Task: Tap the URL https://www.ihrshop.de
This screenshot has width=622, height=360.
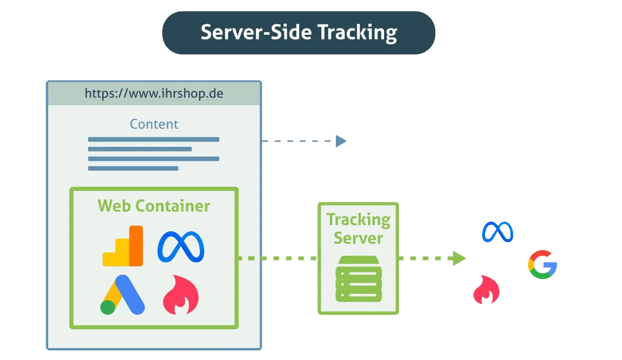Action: (154, 94)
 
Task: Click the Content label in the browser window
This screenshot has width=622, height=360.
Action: (154, 124)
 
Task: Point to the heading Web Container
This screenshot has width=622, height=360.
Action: (154, 206)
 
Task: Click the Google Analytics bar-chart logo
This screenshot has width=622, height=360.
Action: (123, 246)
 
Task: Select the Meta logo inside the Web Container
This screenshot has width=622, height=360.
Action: (181, 246)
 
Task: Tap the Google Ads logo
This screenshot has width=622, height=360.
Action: (123, 294)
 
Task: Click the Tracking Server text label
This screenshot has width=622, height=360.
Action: (358, 229)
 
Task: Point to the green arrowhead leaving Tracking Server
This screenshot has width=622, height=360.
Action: (459, 258)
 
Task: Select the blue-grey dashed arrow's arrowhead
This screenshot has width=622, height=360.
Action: (341, 141)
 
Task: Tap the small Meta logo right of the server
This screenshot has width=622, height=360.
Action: (497, 232)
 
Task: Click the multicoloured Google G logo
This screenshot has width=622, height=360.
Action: (543, 265)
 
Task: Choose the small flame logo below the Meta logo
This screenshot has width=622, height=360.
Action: (486, 289)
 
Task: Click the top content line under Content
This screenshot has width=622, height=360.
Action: (153, 139)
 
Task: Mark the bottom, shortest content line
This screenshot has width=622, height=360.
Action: (133, 168)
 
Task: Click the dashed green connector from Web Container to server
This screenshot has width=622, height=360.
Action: (277, 258)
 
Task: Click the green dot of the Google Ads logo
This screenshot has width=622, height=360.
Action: (108, 307)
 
